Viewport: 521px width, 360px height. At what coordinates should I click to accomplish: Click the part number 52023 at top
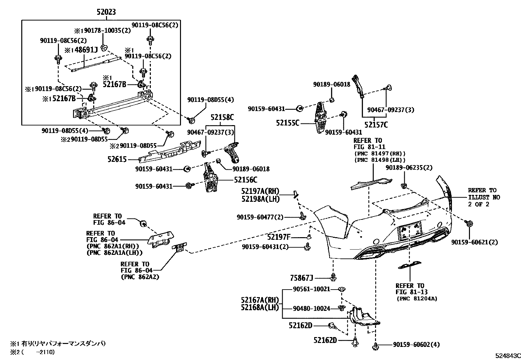106,12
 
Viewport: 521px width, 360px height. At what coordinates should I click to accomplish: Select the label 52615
117,160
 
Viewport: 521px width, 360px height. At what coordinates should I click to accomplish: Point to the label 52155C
288,123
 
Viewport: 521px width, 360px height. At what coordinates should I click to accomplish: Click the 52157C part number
376,124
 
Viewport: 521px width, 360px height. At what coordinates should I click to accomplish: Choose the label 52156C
245,180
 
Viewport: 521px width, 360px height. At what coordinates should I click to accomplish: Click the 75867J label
302,278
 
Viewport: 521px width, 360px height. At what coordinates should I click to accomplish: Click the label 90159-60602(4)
416,345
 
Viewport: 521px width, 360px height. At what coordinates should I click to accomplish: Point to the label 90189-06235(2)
409,168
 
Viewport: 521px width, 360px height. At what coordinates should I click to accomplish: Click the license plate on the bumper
409,231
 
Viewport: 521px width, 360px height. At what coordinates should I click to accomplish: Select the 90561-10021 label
311,289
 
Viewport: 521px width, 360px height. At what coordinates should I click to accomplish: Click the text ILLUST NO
484,198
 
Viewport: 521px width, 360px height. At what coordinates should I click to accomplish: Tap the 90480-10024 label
311,308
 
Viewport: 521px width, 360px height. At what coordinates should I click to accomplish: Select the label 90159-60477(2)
260,217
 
